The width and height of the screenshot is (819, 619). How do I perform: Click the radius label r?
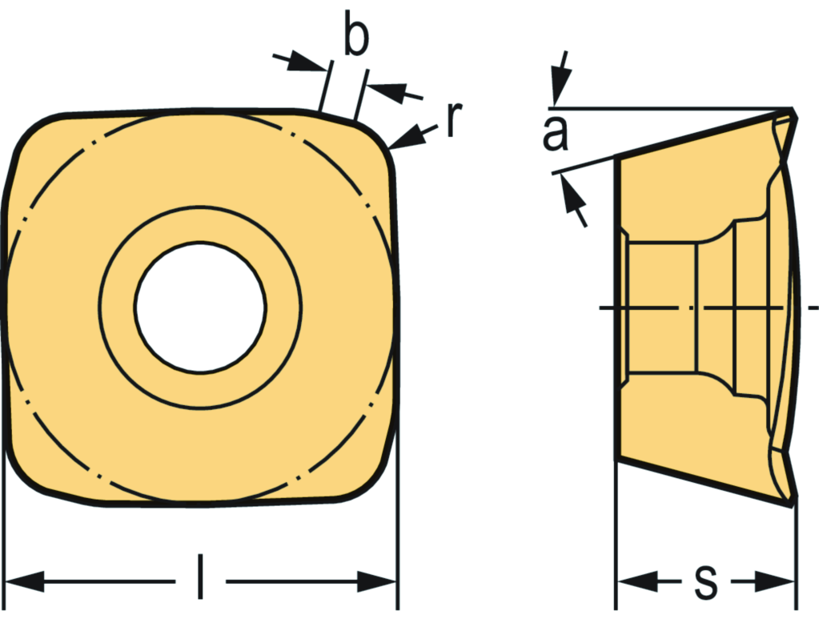tap(454, 120)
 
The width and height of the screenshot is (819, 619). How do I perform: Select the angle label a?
tap(555, 134)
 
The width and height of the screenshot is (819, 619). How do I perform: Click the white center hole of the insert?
tap(200, 307)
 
